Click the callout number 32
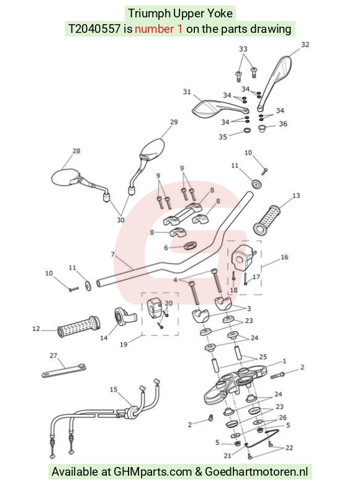tap(305, 45)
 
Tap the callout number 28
tap(76, 151)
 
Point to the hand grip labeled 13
tap(267, 220)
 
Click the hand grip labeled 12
tap(79, 327)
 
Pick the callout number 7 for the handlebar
tap(113, 254)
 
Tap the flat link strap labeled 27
tap(64, 370)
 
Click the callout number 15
tap(114, 389)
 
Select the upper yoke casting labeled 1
tap(235, 383)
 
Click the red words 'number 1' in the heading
tap(158, 29)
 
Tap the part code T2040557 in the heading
tap(94, 29)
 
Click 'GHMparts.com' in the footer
tap(153, 472)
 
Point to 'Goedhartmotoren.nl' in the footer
tap(256, 472)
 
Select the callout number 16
tap(284, 257)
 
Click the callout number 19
tap(124, 344)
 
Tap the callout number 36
tap(283, 123)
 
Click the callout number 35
tap(223, 136)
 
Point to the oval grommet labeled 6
tap(190, 246)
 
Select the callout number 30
tap(120, 220)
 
